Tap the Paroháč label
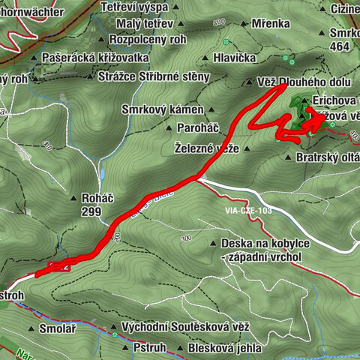(x=194, y=127)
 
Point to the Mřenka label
(x=270, y=22)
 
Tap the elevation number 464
(x=340, y=46)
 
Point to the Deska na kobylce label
(x=260, y=244)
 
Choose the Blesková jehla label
(x=226, y=349)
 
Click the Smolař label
(x=56, y=328)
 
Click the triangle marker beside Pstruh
(x=124, y=349)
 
